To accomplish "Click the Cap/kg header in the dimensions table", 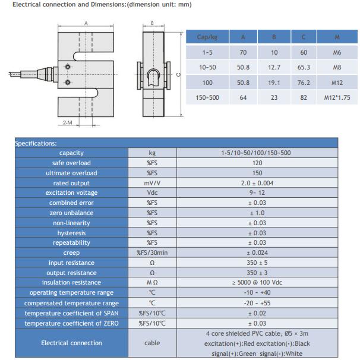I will [207, 37].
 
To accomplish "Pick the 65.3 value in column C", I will [304, 68].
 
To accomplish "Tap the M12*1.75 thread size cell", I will [337, 97].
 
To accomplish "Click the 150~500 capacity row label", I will [208, 97].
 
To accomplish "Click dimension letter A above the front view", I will [86, 23].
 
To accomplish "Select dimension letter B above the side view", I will [153, 23].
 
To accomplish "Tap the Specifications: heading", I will [36, 143].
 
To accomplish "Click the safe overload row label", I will [71, 163].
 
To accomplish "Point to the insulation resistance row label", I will [71, 282].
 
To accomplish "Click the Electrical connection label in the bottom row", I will [71, 343].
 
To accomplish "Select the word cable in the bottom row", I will [152, 343].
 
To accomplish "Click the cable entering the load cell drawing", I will [24, 73].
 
